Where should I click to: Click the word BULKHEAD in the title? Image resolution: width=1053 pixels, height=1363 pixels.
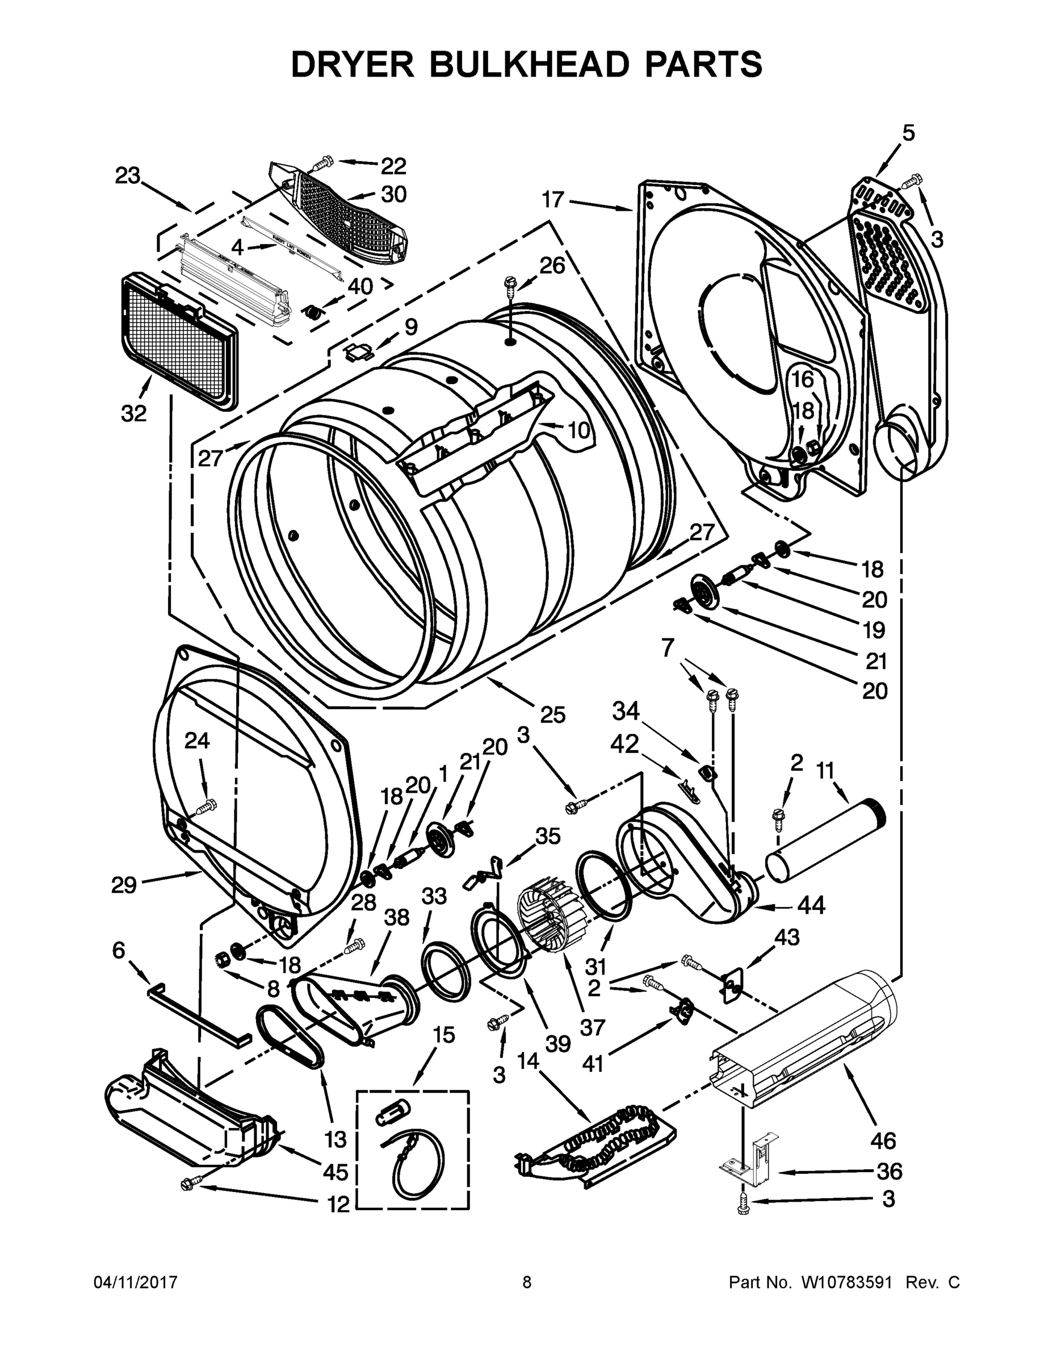click(x=527, y=64)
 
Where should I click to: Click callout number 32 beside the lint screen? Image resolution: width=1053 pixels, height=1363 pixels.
click(x=133, y=412)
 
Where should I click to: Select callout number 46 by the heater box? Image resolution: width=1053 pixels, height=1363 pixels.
click(x=883, y=1140)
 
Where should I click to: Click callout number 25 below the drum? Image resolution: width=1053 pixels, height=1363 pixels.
click(x=553, y=714)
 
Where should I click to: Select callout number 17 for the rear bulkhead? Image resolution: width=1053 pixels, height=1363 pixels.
click(x=553, y=200)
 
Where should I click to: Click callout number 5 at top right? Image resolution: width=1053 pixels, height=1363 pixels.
click(x=908, y=133)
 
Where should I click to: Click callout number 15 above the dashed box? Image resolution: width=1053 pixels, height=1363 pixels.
click(x=443, y=1035)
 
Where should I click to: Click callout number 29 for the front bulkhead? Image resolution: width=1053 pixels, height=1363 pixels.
click(x=124, y=884)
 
